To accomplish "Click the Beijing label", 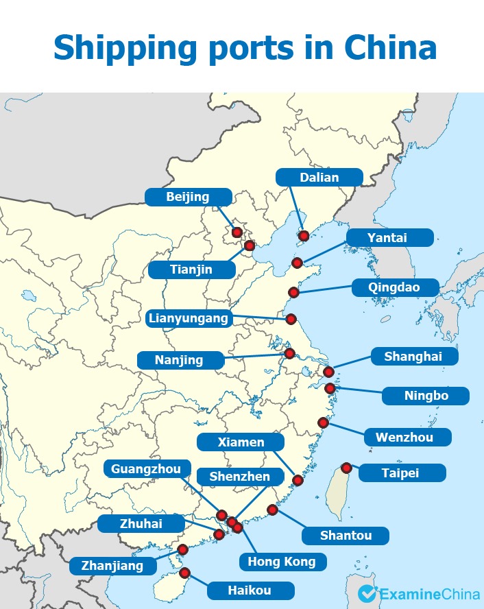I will pos(187,198).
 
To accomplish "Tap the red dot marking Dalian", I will pos(303,236).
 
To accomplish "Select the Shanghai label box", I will pos(413,357).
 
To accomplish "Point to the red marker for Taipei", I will pos(346,468).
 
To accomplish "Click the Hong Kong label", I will pos(282,562).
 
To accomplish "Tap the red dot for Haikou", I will pos(184,573).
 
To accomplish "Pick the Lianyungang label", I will pos(188,318).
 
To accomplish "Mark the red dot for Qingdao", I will pos(293,292).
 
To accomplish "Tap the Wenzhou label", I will pos(404,437).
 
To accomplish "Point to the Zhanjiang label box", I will pos(112,566).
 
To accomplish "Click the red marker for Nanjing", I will pos(289,353).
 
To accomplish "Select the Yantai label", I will pos(388,238).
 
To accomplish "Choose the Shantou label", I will pos(345,535).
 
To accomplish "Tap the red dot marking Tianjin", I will pos(250,245).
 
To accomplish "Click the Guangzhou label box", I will pos(147,469).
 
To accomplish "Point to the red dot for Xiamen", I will pos(298,480).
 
